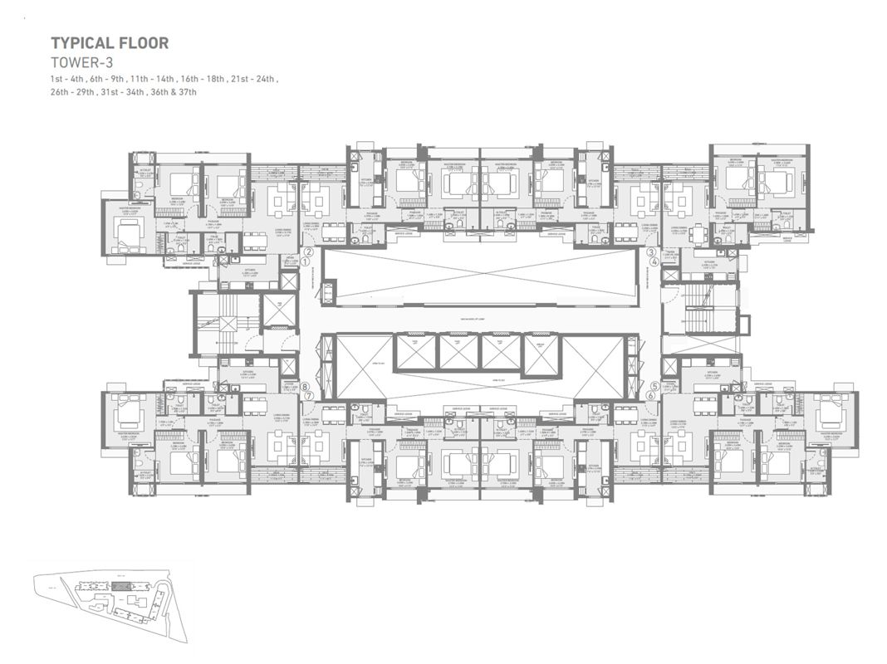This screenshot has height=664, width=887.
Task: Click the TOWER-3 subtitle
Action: tap(82, 62)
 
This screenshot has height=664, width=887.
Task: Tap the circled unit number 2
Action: tap(309, 251)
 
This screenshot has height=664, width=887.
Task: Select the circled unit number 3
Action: tap(651, 252)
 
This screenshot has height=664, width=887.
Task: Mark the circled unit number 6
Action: tap(651, 396)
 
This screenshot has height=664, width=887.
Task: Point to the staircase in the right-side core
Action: tap(700, 309)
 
